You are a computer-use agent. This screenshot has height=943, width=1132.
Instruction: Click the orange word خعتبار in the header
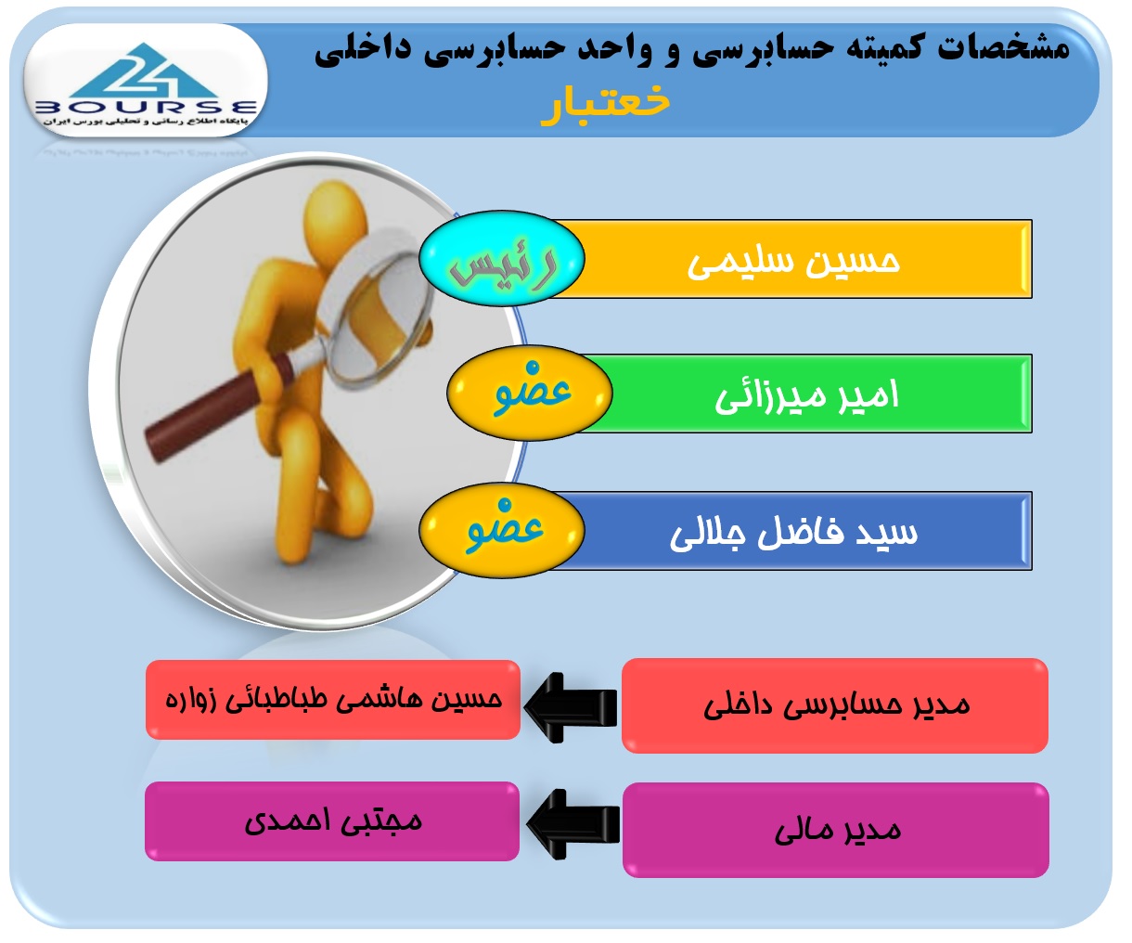[606, 105]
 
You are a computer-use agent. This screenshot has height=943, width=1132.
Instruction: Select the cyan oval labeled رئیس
[501, 258]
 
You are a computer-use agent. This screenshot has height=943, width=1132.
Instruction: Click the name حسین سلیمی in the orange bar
[793, 261]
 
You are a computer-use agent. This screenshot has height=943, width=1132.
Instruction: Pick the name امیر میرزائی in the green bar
[806, 395]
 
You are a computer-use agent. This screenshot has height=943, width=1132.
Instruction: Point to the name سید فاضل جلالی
[793, 533]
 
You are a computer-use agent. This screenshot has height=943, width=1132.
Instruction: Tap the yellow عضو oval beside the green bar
[530, 393]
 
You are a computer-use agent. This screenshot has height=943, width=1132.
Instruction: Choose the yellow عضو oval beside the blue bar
[501, 530]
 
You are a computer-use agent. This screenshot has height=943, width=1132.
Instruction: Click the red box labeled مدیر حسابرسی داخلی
[835, 705]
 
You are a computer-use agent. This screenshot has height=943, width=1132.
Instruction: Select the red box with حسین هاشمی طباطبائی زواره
[332, 700]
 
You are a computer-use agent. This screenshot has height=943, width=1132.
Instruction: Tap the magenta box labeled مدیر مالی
[835, 830]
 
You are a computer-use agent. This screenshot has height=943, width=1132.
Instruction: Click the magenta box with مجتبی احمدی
[332, 821]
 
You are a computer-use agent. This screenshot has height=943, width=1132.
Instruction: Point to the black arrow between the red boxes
[571, 707]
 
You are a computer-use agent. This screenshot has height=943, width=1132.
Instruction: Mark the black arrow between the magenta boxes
[572, 824]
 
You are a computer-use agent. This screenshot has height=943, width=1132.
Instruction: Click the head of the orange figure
[335, 218]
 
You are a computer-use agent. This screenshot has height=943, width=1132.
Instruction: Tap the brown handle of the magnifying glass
[217, 407]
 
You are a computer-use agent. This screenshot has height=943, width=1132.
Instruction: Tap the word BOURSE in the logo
[146, 108]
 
